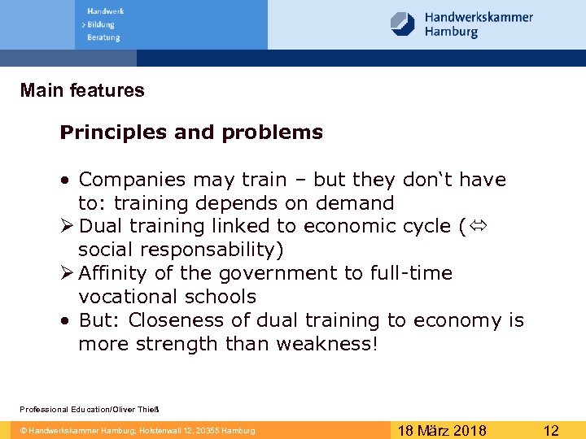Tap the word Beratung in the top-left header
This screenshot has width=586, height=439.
coord(103,37)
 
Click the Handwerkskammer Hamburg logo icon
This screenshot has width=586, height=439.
coord(403,24)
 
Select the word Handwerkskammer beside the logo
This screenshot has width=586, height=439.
coord(479,17)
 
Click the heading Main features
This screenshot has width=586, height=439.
coord(82,90)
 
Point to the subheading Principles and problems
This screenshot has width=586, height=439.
coord(191,133)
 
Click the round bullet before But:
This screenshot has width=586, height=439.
coord(64,321)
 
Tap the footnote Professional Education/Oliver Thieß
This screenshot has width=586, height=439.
coord(90,409)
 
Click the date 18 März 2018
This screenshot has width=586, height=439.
coord(443,430)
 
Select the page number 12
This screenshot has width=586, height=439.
coord(551,430)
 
